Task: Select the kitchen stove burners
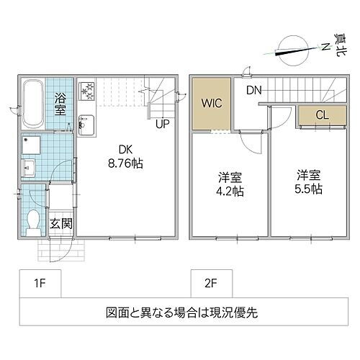[x=88, y=92]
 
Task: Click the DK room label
[x=126, y=149]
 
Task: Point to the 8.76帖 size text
[x=126, y=163]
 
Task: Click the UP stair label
[x=163, y=124]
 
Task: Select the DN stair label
[x=253, y=90]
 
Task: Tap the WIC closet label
[x=212, y=102]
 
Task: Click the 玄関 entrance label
[x=60, y=222]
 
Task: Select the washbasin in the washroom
[x=32, y=170]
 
